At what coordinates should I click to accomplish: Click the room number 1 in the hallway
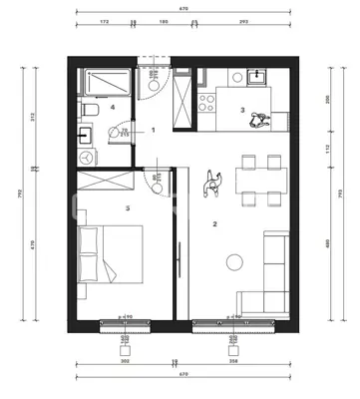pos(154,130)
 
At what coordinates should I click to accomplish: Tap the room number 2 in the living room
pos(214,224)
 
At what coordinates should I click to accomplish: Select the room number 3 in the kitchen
pos(242,110)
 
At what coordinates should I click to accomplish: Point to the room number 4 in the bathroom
pos(113,106)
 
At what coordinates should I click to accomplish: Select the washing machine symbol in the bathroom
pos(87,159)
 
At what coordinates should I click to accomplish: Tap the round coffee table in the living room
pos(234,261)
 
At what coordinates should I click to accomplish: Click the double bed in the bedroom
pos(110,260)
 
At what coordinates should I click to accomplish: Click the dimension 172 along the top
pos(103,21)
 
